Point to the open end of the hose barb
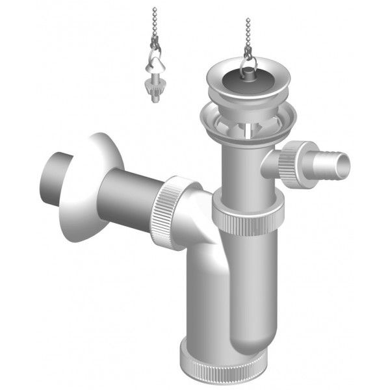[x=344, y=165]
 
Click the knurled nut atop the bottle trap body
[x=250, y=221]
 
